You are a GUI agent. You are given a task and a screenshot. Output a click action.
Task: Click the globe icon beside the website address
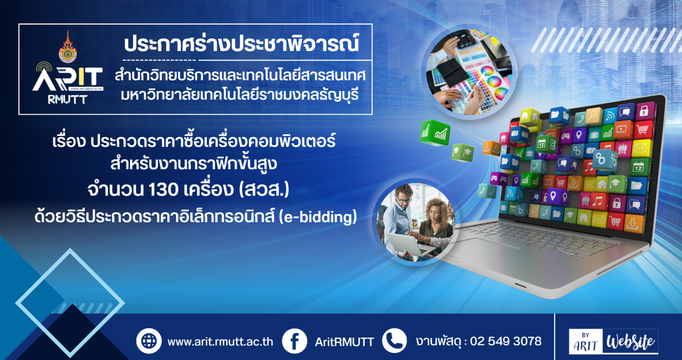[x=149, y=341]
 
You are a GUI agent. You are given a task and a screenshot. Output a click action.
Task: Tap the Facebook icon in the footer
[x=295, y=341]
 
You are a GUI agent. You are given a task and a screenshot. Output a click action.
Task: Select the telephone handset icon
[x=395, y=340]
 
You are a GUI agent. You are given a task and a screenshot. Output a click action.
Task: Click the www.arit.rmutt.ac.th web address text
[x=220, y=342]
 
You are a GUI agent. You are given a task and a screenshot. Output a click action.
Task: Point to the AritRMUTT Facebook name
[x=344, y=342]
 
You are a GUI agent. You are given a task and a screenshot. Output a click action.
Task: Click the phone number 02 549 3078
[x=506, y=341]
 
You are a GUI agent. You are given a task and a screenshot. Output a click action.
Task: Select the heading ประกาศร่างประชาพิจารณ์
[x=241, y=44]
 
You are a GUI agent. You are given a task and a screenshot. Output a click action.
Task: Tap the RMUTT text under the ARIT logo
[x=68, y=99]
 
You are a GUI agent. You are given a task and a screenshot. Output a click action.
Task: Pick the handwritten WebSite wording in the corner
[x=630, y=342]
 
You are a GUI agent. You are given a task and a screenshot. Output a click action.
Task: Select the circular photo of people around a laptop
[x=415, y=222]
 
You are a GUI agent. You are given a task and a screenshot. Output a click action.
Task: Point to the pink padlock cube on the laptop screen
[x=644, y=111]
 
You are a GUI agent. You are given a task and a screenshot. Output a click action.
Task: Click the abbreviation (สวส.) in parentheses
[x=264, y=189]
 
